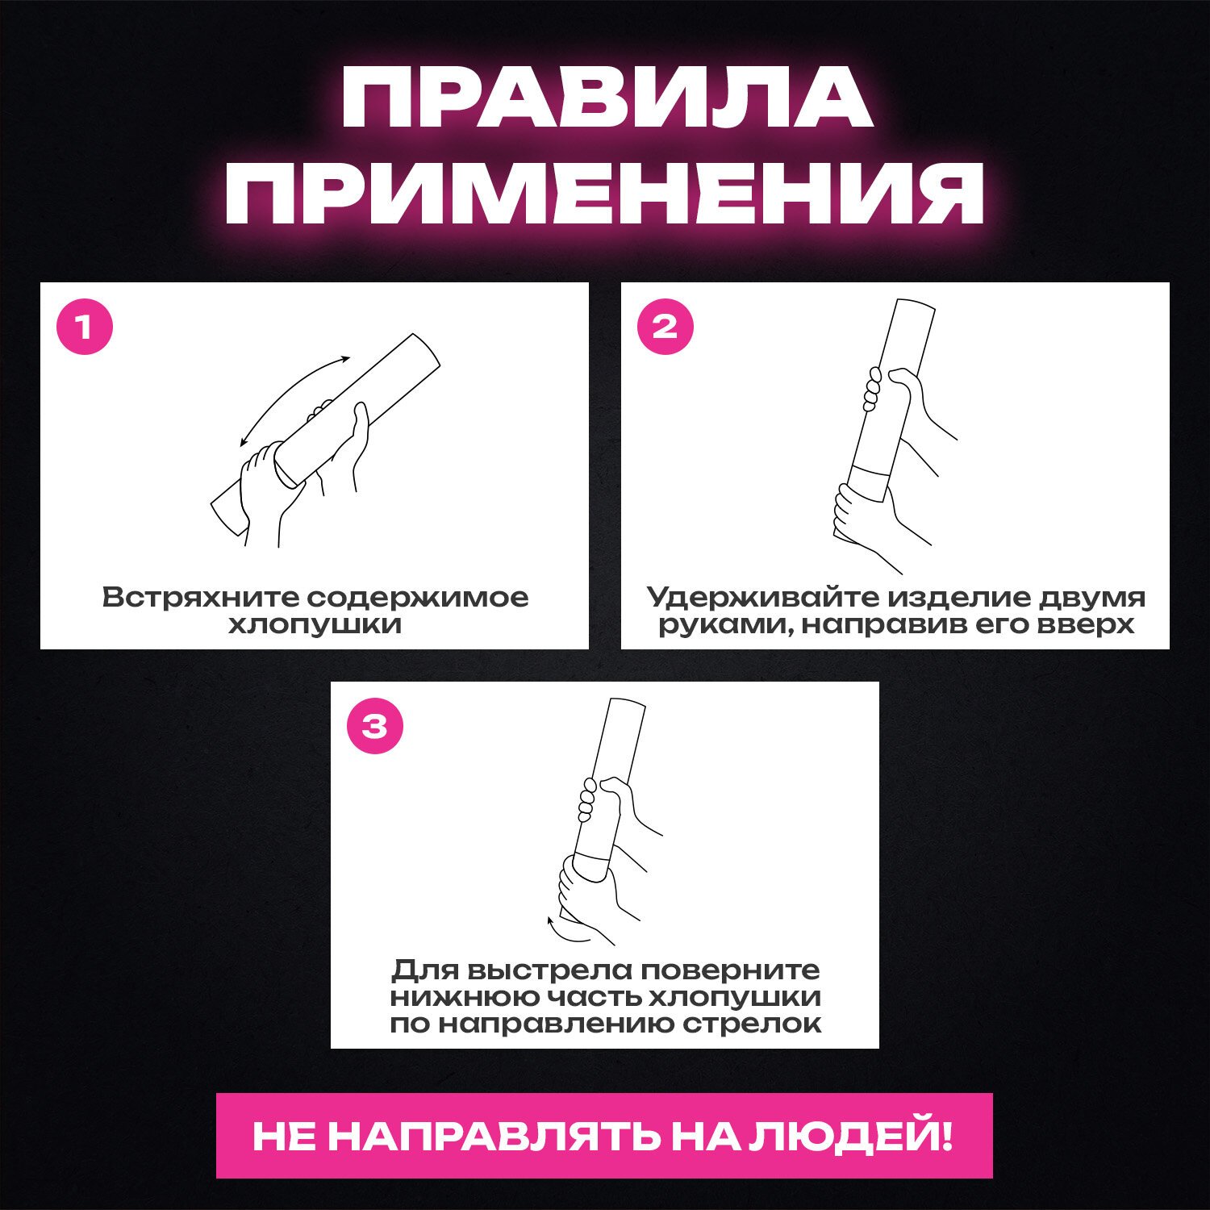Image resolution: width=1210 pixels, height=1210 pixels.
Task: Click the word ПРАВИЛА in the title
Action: click(x=607, y=98)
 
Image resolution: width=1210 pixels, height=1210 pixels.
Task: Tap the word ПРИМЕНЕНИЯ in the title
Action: click(x=604, y=193)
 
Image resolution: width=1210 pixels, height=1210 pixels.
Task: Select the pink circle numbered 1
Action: click(x=85, y=327)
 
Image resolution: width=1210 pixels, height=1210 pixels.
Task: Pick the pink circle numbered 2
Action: click(x=665, y=327)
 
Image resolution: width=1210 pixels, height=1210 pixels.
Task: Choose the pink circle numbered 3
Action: click(x=375, y=726)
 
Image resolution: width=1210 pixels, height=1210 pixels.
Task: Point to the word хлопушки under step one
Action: click(x=315, y=625)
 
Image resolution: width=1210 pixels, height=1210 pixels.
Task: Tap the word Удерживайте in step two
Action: click(x=763, y=598)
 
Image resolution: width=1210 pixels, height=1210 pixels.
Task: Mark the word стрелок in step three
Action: click(x=753, y=1024)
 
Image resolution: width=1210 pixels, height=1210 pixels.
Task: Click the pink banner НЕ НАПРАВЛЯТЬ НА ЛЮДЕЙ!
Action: click(x=604, y=1135)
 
